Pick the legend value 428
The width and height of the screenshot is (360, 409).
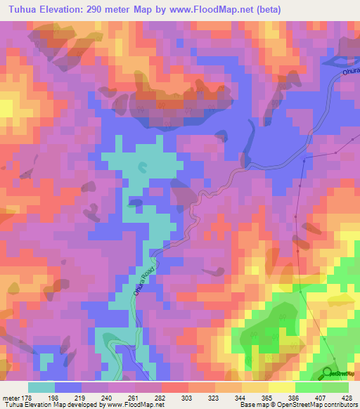[347, 398]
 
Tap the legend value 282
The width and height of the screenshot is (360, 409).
[160, 398]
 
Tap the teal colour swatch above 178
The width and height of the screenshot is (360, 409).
[41, 387]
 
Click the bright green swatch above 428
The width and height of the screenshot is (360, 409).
[335, 387]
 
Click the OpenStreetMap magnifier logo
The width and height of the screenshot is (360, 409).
[328, 373]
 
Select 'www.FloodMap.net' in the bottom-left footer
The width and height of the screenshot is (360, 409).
[133, 405]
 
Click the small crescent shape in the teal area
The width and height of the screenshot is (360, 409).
[143, 167]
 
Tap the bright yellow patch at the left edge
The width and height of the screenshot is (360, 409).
[6, 107]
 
